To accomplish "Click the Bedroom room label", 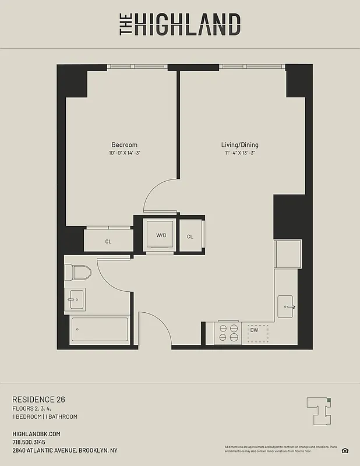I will (124, 145).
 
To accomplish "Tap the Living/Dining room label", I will (239, 145).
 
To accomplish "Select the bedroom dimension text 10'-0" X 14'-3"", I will (124, 153).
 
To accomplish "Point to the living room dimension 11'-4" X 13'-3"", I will (239, 153).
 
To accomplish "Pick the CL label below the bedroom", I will (108, 241).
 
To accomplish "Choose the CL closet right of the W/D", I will (190, 236).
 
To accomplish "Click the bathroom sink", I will (75, 299).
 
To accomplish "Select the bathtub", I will (99, 331).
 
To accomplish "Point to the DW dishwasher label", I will (254, 331).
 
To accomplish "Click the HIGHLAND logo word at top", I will (188, 25).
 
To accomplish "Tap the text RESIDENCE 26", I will (38, 399).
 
